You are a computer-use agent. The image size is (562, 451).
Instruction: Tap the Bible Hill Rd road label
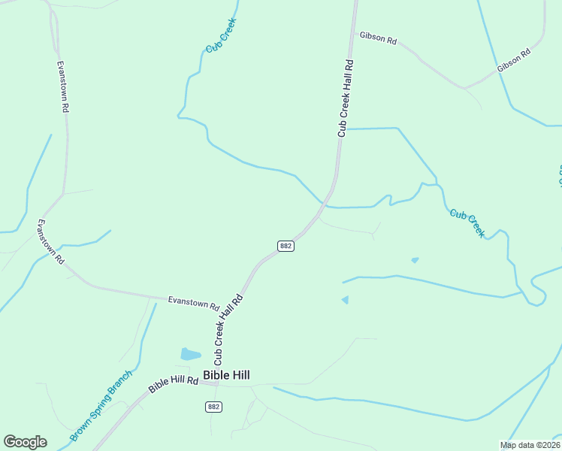coord(173,384)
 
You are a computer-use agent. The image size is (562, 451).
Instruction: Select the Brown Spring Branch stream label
coord(101,404)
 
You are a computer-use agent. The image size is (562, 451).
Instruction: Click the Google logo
coord(25,442)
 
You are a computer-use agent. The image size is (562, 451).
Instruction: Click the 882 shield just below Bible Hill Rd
coord(213,407)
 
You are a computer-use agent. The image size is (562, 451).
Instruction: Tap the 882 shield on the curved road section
coord(286,246)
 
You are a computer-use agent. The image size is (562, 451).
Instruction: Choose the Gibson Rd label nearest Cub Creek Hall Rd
coord(377,38)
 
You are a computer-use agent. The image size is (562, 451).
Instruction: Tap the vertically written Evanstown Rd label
coord(62,86)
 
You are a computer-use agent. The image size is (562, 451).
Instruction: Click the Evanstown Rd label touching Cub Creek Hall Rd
coord(193,303)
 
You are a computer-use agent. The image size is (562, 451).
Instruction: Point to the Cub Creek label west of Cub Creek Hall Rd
coord(220,35)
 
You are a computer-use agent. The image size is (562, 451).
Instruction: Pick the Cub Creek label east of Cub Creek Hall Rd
coord(467,223)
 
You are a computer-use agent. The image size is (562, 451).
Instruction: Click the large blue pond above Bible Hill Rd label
coord(191,354)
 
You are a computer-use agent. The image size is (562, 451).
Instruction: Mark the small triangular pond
coord(345,300)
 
